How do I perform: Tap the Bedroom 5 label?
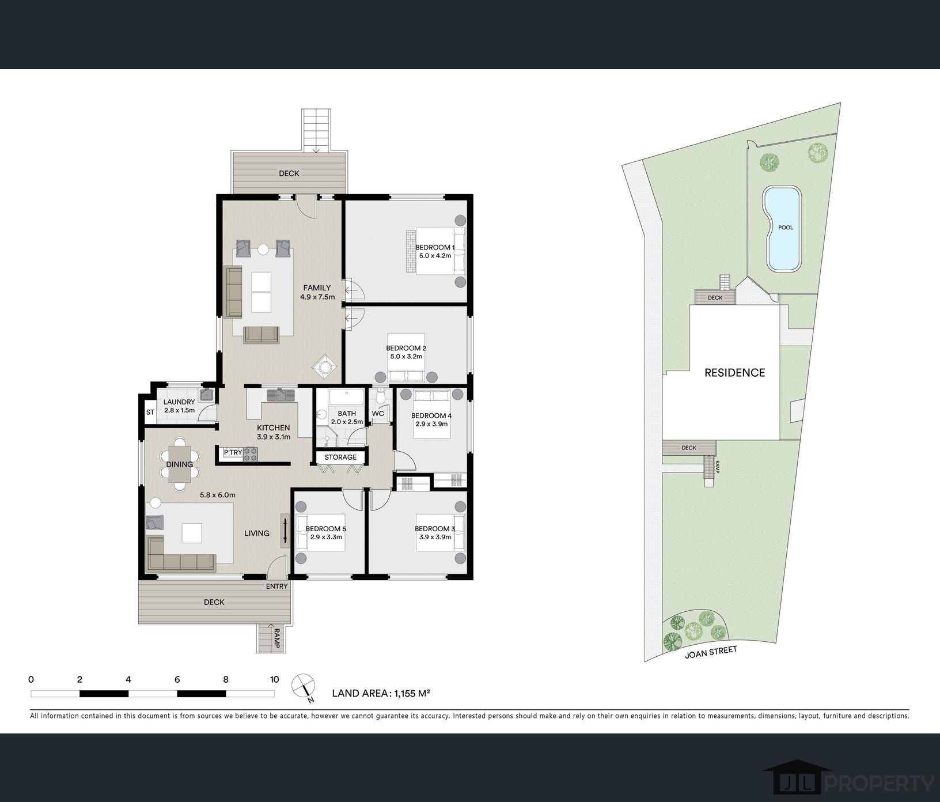click(325, 529)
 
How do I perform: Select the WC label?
click(378, 414)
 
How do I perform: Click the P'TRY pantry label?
click(233, 453)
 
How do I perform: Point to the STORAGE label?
click(340, 457)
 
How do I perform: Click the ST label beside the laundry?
click(150, 413)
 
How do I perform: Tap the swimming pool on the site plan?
click(782, 229)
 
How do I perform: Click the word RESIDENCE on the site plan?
click(735, 373)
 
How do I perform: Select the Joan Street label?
click(711, 652)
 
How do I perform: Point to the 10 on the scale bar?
click(274, 679)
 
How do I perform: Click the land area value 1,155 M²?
click(412, 694)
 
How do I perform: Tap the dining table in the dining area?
click(179, 464)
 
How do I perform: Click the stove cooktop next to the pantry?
click(251, 453)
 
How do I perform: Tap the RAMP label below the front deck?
click(276, 638)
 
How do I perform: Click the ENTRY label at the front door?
click(276, 587)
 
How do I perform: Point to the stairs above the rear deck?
click(317, 130)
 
